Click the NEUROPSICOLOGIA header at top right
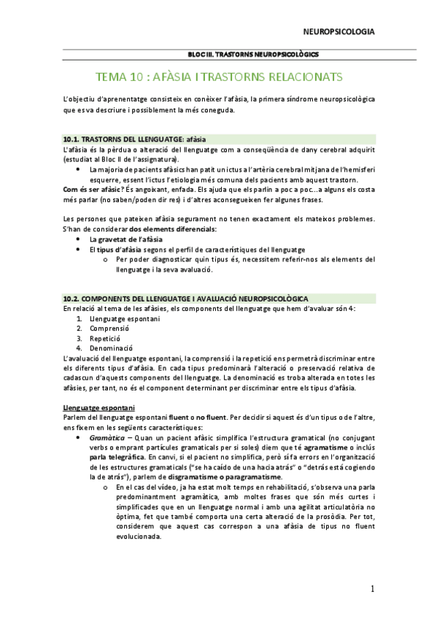click(x=339, y=31)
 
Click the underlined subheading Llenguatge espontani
click(x=98, y=407)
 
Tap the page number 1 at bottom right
click(x=372, y=589)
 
